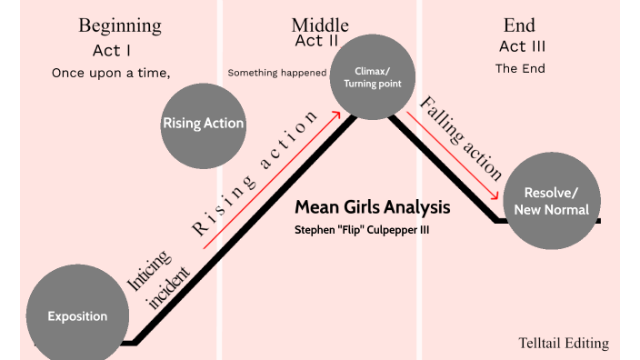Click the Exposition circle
tap(77, 316)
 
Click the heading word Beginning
tap(120, 25)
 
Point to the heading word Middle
tap(320, 25)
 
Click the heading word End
tap(519, 25)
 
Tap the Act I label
tap(113, 50)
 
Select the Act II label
tap(316, 41)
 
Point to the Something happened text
tap(276, 73)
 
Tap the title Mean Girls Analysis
tap(372, 206)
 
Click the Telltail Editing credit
tap(564, 343)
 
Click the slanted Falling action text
tap(461, 136)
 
